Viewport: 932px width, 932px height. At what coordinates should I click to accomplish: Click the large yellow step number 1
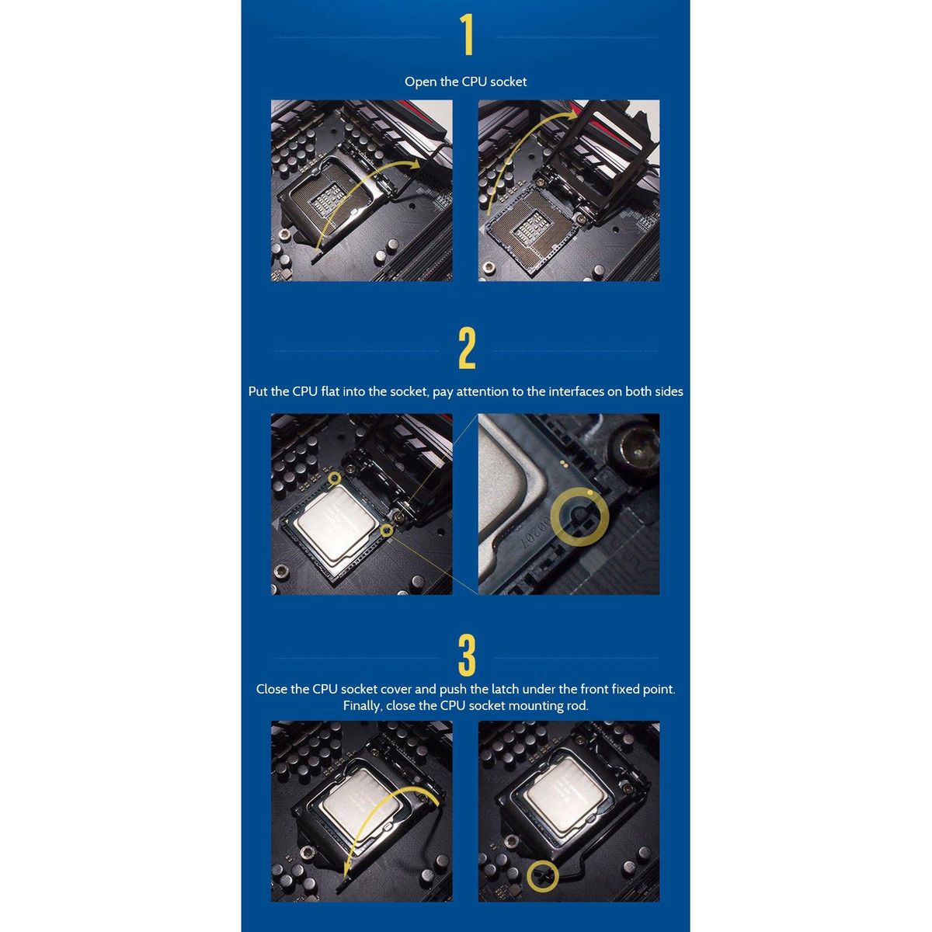(x=467, y=35)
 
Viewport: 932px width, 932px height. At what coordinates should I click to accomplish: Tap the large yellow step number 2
(x=467, y=348)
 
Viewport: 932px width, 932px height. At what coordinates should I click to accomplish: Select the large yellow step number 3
(x=467, y=656)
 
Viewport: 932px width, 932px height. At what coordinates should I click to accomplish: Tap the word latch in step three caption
(x=506, y=689)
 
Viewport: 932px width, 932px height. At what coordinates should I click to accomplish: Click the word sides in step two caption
(x=669, y=391)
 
